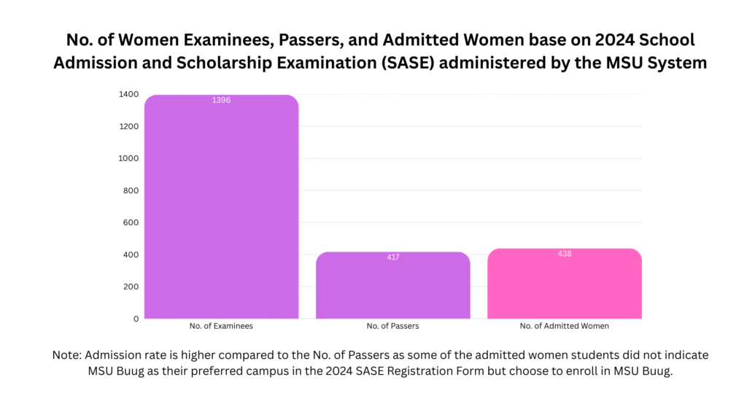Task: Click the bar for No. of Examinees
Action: coord(221,208)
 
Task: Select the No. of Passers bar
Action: coord(392,286)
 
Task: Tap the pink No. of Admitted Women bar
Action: coord(564,284)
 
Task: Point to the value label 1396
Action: coord(221,100)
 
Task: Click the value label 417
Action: coord(392,257)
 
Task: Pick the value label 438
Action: coord(564,254)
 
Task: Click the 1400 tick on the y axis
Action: coord(128,94)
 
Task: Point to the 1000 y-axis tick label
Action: coord(128,158)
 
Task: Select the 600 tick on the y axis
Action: coord(131,222)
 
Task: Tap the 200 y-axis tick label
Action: coord(131,287)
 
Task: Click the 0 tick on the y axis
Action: coord(135,319)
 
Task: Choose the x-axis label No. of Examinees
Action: coord(221,326)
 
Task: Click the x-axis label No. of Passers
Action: coord(392,326)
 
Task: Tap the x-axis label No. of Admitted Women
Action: coord(564,326)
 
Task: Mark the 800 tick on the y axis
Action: coord(131,190)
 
